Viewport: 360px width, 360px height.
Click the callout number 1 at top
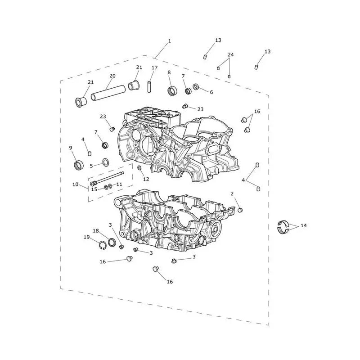click(170, 41)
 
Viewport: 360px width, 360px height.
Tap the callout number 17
click(154, 68)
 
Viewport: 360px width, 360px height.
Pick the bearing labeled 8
click(172, 90)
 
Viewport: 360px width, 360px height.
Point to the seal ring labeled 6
click(196, 87)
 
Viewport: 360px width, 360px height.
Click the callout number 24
click(230, 54)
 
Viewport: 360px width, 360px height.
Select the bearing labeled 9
click(79, 165)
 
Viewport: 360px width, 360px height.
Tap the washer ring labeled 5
click(106, 162)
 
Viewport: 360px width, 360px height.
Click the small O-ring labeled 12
click(139, 168)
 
